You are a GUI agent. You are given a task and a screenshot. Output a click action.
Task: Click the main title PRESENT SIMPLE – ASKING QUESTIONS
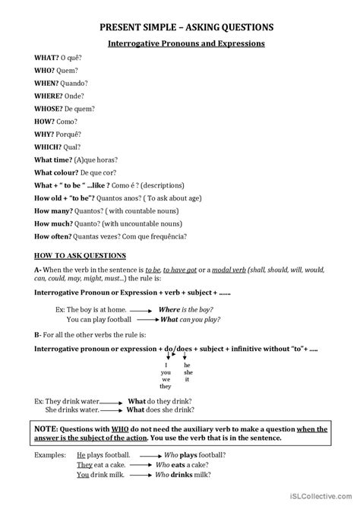click(179, 28)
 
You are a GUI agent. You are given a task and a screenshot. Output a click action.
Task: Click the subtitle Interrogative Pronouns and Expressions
click(180, 44)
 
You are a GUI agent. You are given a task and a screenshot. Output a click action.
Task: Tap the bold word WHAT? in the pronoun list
click(46, 58)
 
